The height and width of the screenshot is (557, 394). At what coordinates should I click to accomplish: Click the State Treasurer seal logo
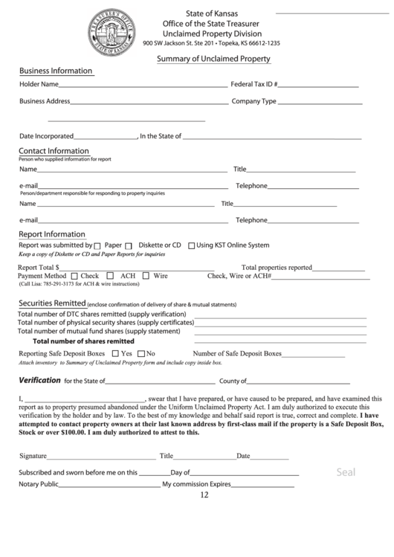(x=112, y=32)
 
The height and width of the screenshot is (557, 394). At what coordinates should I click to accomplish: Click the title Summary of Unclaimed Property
(x=213, y=59)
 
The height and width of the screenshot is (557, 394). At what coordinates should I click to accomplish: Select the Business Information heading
(x=56, y=71)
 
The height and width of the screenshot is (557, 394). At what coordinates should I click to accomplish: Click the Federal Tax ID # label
(x=254, y=85)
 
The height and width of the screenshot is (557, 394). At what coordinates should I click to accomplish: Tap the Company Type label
(x=254, y=101)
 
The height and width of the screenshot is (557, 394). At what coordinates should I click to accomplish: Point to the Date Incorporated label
(x=46, y=136)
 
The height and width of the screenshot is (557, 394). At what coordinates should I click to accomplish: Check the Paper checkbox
(x=99, y=246)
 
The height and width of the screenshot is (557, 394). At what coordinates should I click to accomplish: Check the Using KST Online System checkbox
(x=192, y=245)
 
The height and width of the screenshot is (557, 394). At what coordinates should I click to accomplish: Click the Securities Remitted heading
(x=52, y=303)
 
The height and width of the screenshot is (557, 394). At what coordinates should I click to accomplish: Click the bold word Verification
(x=39, y=380)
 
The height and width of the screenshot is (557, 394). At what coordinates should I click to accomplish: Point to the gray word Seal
(x=346, y=471)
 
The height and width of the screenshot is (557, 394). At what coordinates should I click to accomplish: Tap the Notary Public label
(x=39, y=484)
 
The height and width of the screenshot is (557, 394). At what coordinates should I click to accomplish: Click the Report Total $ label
(x=38, y=267)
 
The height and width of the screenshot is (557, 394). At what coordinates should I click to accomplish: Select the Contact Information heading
(x=54, y=151)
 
